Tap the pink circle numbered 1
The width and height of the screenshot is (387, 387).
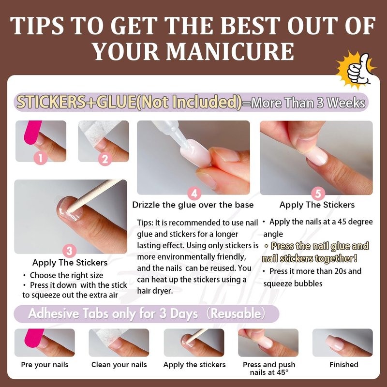[41, 158]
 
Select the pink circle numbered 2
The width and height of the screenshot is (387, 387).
[105, 159]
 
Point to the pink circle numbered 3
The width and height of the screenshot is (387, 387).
[69, 251]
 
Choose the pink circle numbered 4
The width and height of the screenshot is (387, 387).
[194, 193]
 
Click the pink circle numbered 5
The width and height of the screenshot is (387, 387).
[318, 193]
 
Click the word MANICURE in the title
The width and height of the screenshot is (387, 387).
[230, 52]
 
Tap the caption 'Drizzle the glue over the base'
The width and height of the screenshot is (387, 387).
[193, 205]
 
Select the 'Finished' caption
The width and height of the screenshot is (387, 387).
[344, 365]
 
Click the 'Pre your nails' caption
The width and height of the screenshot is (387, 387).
[45, 365]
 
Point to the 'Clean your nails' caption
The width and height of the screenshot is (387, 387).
[119, 365]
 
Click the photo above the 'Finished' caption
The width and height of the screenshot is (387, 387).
[342, 342]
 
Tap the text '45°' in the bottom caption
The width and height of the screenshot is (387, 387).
[281, 372]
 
